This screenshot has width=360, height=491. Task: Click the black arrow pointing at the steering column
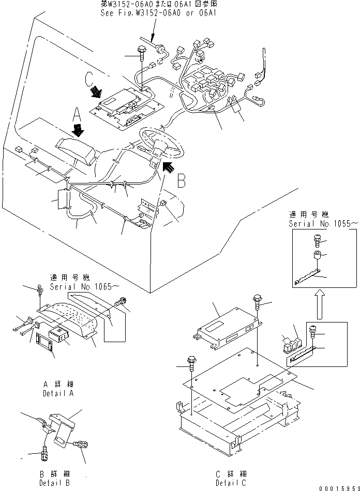point(169,166)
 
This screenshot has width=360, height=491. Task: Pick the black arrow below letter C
point(96,93)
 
